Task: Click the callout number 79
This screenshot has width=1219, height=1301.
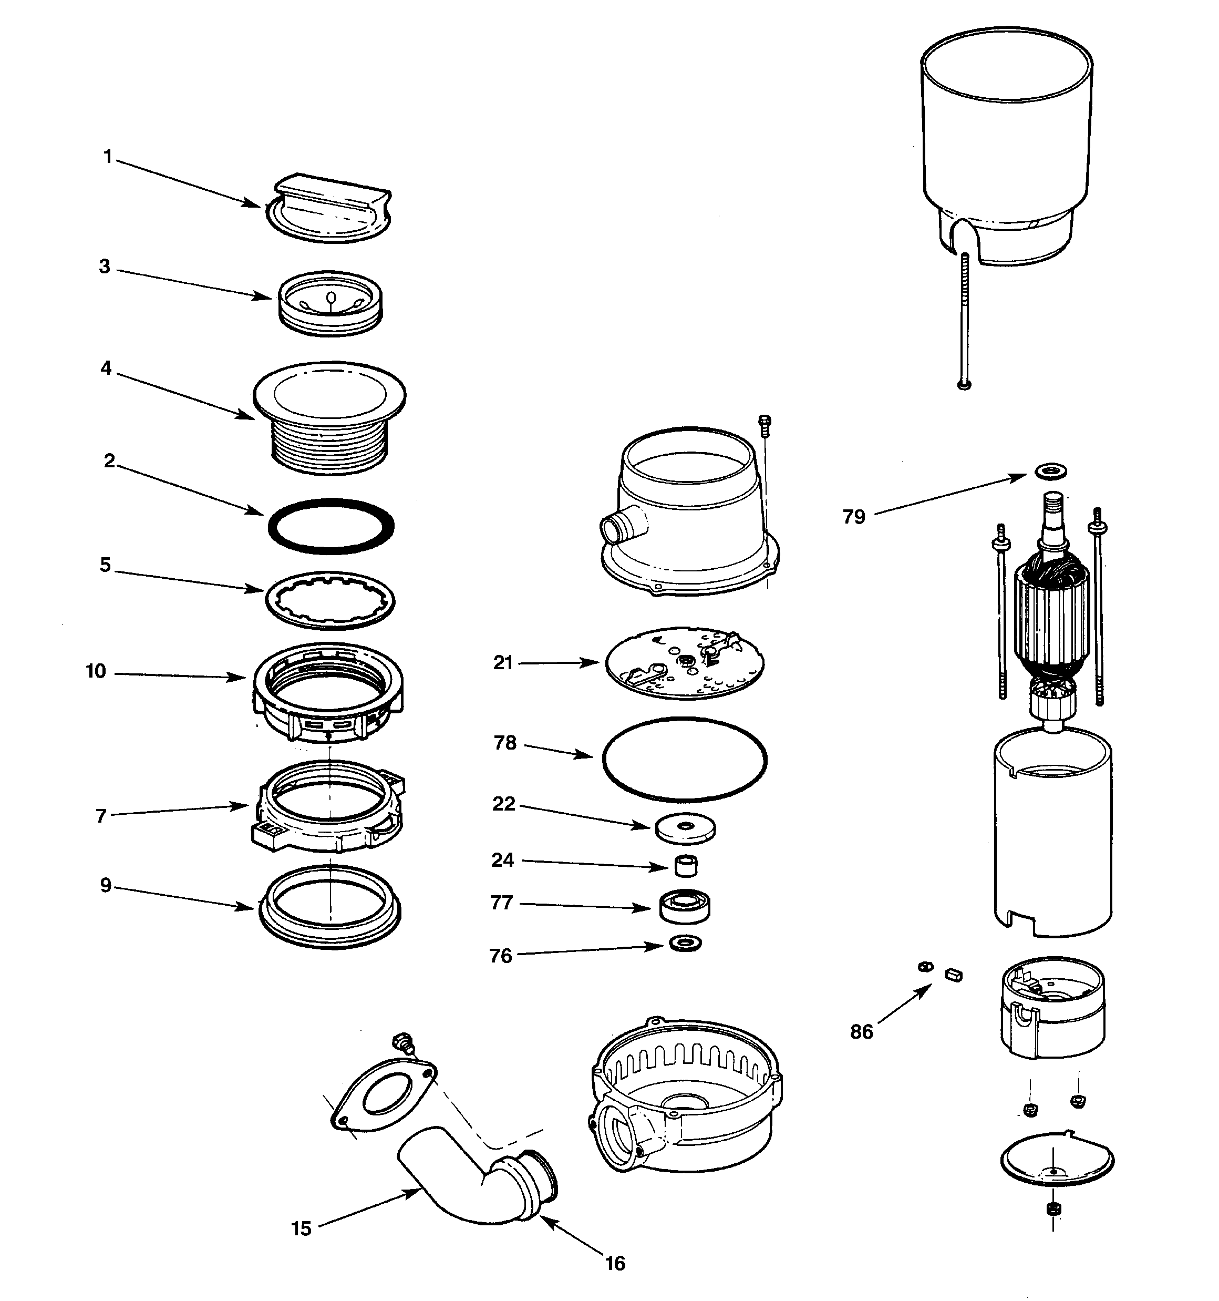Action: tap(854, 517)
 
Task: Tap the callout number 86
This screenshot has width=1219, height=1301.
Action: tap(862, 1032)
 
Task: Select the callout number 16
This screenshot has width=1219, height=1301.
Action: tap(615, 1263)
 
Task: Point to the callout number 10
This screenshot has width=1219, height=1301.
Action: tap(96, 671)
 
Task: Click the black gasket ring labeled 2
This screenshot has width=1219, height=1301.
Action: tap(331, 526)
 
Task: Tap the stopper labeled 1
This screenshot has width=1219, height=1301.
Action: tap(328, 208)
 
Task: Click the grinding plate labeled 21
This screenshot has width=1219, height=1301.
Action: tap(685, 662)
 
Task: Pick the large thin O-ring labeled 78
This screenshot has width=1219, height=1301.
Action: tap(685, 759)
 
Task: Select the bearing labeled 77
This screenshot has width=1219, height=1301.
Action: tap(685, 906)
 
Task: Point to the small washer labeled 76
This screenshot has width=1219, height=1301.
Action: tap(686, 944)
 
